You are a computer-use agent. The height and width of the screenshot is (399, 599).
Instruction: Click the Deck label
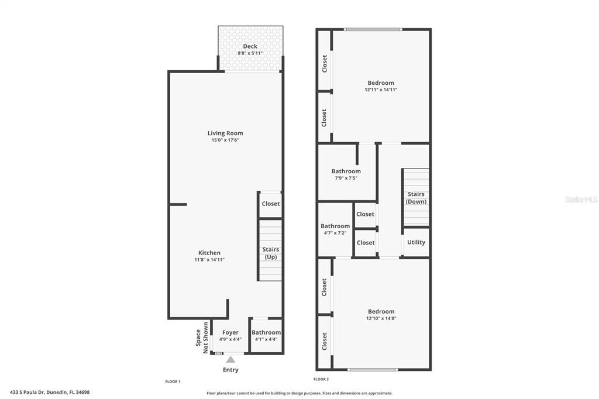coord(250,46)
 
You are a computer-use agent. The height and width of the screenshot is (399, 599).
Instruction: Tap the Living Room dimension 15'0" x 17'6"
coord(225,140)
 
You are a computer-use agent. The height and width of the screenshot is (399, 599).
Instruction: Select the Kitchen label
coord(209,253)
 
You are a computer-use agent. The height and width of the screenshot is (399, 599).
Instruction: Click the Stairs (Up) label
coord(270,253)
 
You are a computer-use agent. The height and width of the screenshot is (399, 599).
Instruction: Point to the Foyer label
coord(230,332)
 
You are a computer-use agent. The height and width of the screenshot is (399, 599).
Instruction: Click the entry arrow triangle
coord(230,359)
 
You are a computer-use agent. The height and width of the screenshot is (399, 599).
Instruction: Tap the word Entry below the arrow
coord(230,370)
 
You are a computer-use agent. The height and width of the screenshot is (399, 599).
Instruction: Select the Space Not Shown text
coord(201,338)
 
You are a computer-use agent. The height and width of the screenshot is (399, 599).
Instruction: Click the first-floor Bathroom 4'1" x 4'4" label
coord(266,332)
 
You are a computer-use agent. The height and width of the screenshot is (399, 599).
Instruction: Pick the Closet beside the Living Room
coord(270,204)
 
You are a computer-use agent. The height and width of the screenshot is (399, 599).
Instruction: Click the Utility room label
coord(416,242)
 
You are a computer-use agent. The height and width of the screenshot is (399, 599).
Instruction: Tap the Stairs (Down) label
coord(416,198)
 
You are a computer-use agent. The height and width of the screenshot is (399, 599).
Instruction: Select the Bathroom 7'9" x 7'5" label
coord(346,171)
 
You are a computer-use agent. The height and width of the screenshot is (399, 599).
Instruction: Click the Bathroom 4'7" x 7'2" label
coord(335,226)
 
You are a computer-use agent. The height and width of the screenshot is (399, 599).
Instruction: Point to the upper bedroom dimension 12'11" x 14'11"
coord(381,90)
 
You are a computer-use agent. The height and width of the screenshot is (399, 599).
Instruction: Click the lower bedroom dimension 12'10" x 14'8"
coord(381,318)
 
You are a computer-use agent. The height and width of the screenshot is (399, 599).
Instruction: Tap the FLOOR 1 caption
coord(173,381)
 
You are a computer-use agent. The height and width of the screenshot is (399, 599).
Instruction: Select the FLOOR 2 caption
coord(321,379)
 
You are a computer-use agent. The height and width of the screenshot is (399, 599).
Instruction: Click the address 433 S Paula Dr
coord(50,393)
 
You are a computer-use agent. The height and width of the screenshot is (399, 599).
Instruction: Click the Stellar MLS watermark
coord(581,199)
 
